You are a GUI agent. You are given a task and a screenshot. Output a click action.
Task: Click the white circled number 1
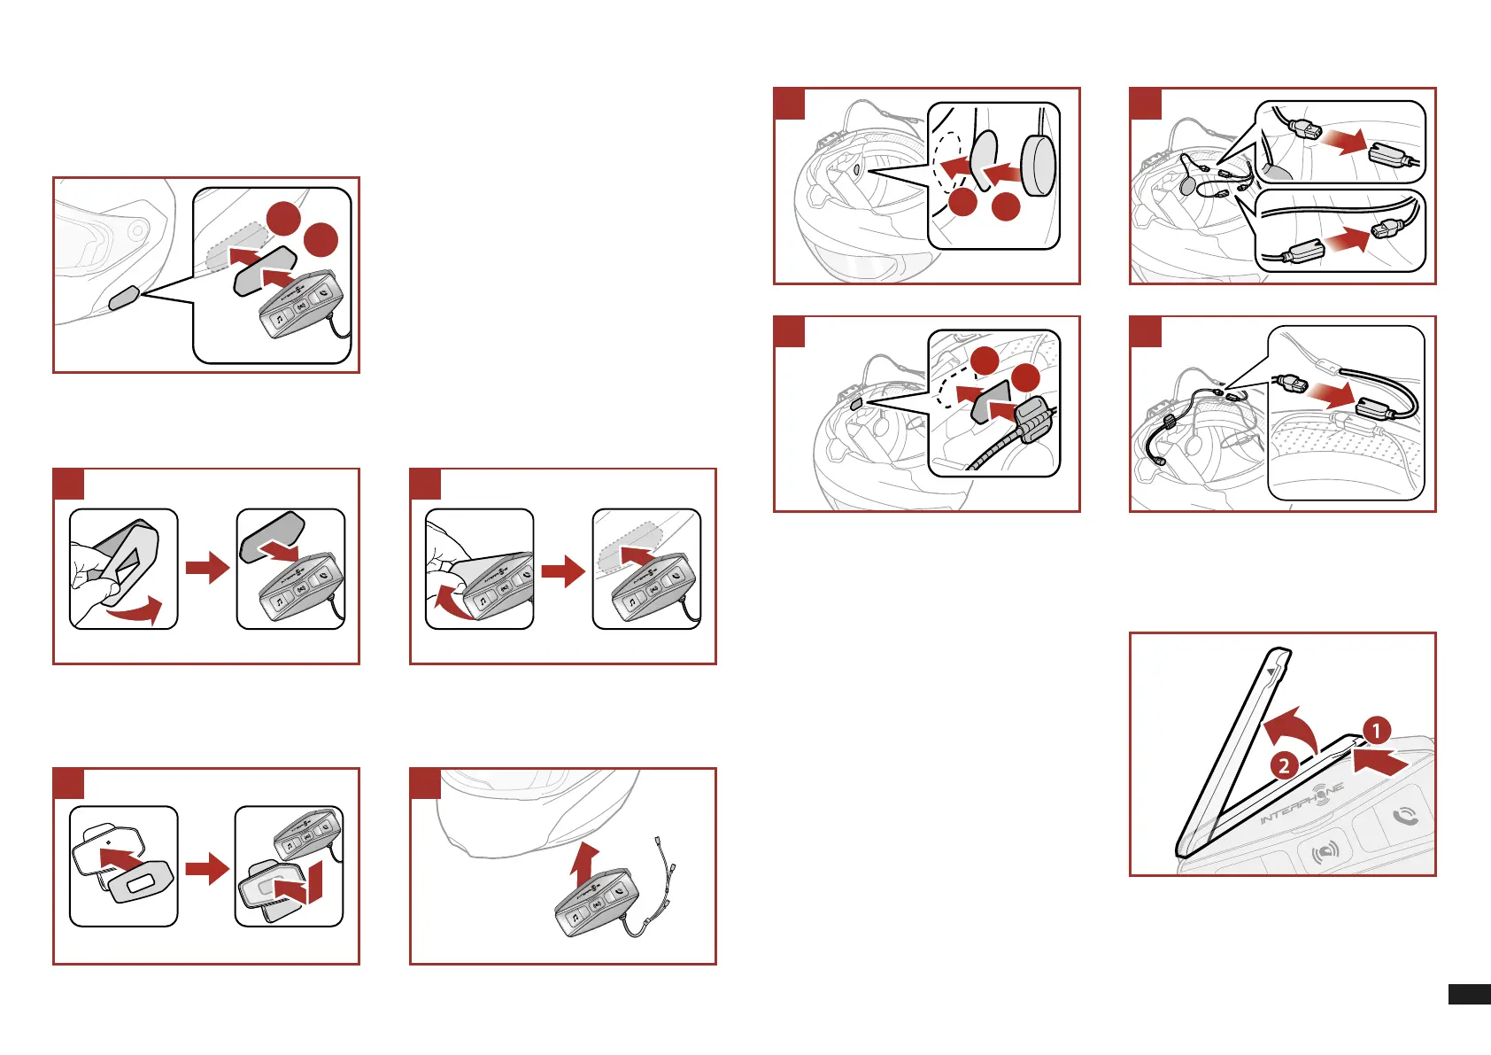1376,731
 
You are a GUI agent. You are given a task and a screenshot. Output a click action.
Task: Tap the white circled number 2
1284,765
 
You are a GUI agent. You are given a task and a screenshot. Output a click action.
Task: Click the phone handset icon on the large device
1404,816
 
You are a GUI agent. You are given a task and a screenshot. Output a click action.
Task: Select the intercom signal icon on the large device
1325,852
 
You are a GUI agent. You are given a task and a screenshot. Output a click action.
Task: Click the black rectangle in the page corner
1469,994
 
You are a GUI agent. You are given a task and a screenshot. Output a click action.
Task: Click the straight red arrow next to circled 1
1381,760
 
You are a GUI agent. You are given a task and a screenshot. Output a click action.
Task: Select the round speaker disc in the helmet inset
1039,165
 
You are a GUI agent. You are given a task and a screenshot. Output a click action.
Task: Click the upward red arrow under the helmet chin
583,864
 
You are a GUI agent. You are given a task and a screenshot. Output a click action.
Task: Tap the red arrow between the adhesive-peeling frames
207,568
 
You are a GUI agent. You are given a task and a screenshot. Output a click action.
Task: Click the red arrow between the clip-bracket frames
207,868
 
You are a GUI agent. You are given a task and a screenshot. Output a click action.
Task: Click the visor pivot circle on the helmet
136,231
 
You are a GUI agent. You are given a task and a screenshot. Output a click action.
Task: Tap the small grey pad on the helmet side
123,299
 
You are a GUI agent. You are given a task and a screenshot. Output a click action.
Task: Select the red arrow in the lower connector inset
1348,238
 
